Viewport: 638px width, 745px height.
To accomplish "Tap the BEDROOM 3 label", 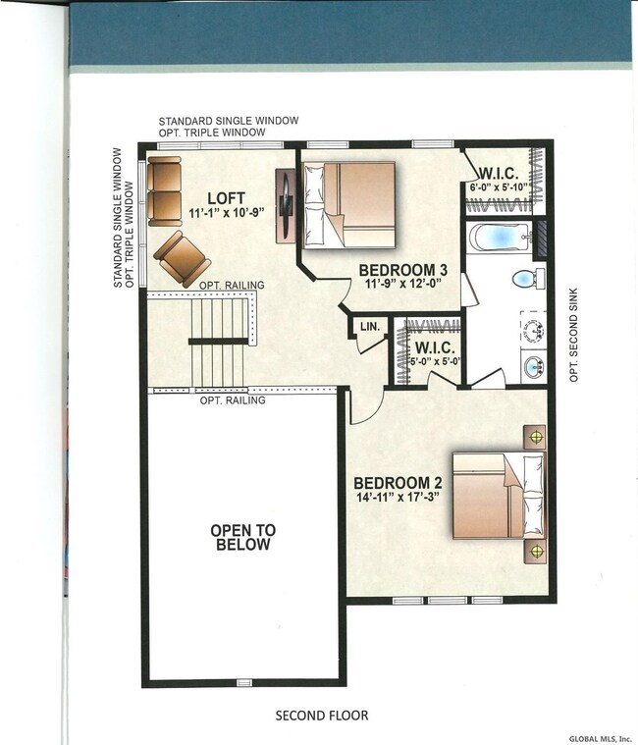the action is [x=402, y=270].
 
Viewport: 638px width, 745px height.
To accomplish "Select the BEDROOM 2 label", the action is [x=399, y=483].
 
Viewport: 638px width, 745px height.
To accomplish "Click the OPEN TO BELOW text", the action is [x=243, y=537].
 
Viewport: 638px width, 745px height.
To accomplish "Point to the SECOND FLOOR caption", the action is [x=322, y=716].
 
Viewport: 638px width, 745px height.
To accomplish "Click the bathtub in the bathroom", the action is [x=501, y=238].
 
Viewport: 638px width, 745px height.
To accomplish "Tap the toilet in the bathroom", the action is [x=529, y=279].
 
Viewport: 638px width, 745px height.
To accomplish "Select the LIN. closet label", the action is [x=370, y=327].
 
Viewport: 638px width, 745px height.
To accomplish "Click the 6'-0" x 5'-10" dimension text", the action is [x=499, y=187].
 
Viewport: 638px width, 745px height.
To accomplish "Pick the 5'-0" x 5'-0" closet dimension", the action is [x=435, y=361].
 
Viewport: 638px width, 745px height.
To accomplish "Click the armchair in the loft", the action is [x=182, y=258].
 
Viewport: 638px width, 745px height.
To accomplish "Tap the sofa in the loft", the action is [x=164, y=191].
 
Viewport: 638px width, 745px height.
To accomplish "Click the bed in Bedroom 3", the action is [x=349, y=205].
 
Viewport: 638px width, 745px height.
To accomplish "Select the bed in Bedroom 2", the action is [x=498, y=496].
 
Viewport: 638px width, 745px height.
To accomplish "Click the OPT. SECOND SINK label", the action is [x=573, y=335].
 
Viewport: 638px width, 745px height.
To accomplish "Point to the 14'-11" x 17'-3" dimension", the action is [x=397, y=498].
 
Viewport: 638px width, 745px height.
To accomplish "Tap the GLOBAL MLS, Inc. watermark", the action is [x=603, y=738].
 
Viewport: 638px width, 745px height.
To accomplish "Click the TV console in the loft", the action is [x=286, y=205].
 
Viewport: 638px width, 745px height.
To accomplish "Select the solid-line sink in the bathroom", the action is [x=534, y=367].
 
